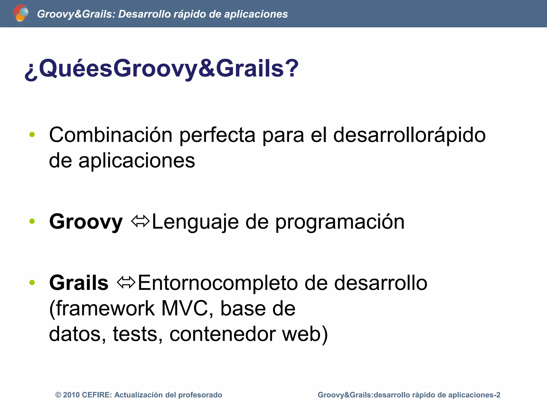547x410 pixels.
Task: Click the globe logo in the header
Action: [x=21, y=13]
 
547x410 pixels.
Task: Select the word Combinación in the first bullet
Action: [x=111, y=135]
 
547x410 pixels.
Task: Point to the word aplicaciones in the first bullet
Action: [x=136, y=161]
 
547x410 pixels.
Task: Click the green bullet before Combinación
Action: [x=32, y=135]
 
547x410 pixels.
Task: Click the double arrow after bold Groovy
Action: [x=140, y=221]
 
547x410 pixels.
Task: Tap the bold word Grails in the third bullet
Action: [x=79, y=283]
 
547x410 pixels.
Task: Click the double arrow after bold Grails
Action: [x=126, y=282]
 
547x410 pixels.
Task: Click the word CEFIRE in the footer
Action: [x=97, y=395]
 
